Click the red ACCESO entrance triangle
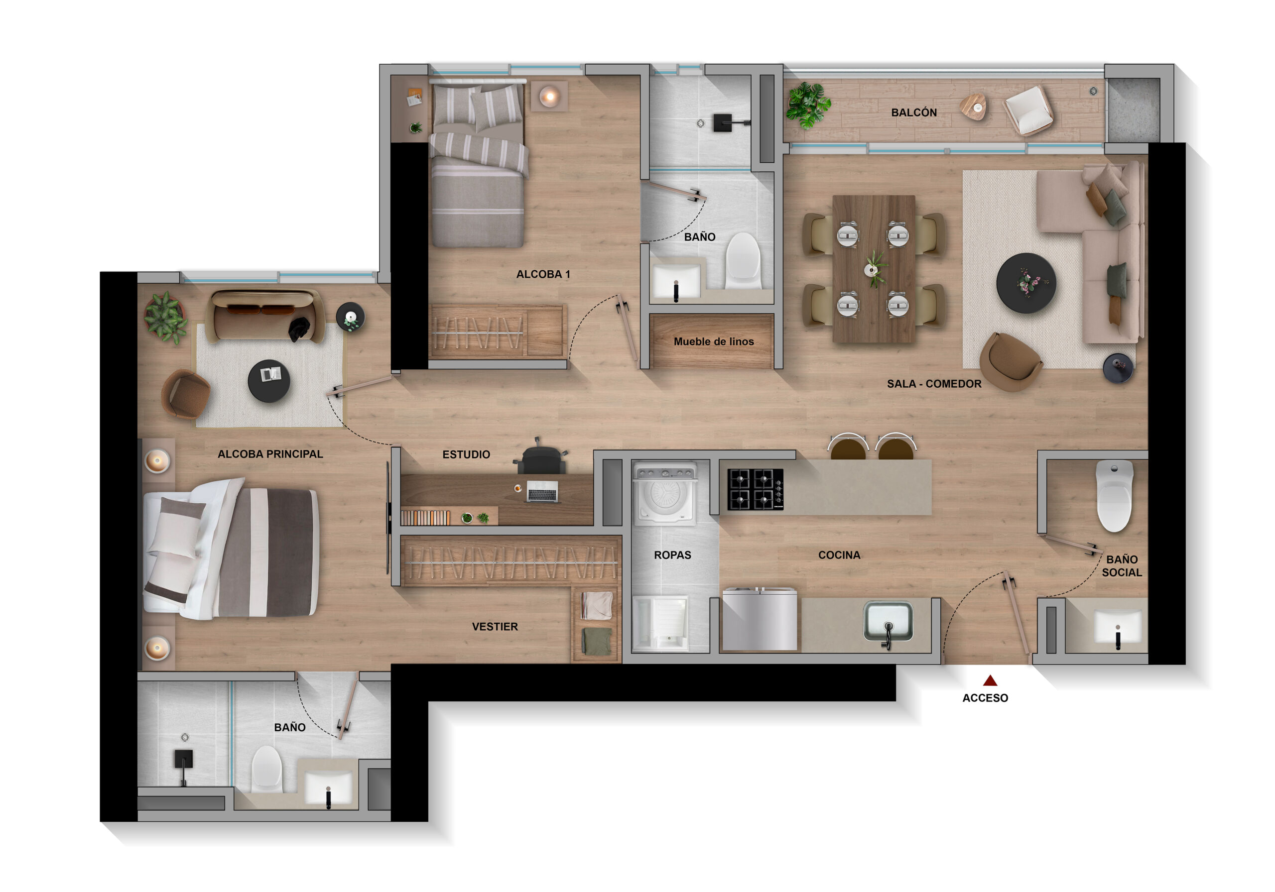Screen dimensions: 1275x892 990,680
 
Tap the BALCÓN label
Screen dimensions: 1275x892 914,112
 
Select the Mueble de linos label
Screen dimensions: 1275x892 714,342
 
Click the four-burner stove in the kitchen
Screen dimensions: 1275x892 755,489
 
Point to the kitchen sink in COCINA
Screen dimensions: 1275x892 888,622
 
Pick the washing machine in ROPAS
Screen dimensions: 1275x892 665,493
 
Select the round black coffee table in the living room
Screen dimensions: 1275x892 1026,283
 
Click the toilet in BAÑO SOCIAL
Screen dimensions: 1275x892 1114,496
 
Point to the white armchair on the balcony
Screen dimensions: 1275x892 1029,110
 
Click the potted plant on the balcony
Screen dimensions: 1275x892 807,105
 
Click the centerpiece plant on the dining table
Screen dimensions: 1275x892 874,269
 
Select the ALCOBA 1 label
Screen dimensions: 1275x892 543,274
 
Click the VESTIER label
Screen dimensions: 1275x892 495,627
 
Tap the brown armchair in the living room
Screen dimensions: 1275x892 1010,362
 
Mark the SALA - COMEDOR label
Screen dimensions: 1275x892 934,384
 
